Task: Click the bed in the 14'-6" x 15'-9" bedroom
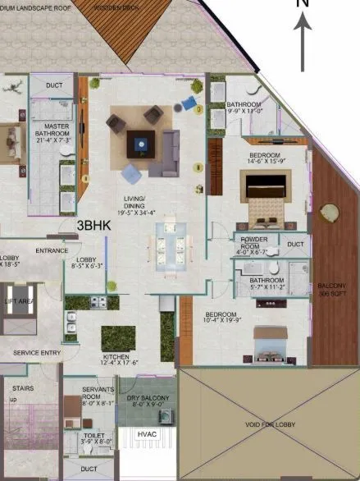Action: click(x=266, y=200)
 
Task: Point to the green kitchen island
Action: click(x=118, y=337)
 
